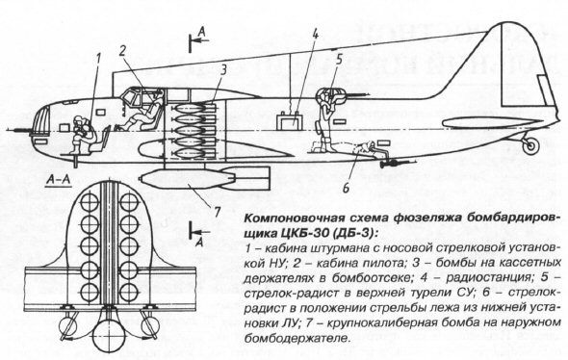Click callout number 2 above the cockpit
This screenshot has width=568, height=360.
click(x=122, y=50)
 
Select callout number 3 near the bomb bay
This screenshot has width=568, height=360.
click(x=224, y=70)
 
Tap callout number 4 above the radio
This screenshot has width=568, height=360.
click(x=315, y=35)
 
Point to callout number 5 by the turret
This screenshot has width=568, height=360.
click(x=339, y=60)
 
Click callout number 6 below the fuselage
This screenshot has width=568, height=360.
click(x=346, y=188)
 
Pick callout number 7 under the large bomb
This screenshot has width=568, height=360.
click(x=217, y=212)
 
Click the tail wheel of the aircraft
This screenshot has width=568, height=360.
click(x=530, y=145)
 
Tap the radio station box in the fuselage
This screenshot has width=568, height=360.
click(x=290, y=121)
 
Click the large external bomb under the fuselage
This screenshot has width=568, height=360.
click(x=205, y=177)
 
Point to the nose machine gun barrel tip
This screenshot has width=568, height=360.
click(x=8, y=129)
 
